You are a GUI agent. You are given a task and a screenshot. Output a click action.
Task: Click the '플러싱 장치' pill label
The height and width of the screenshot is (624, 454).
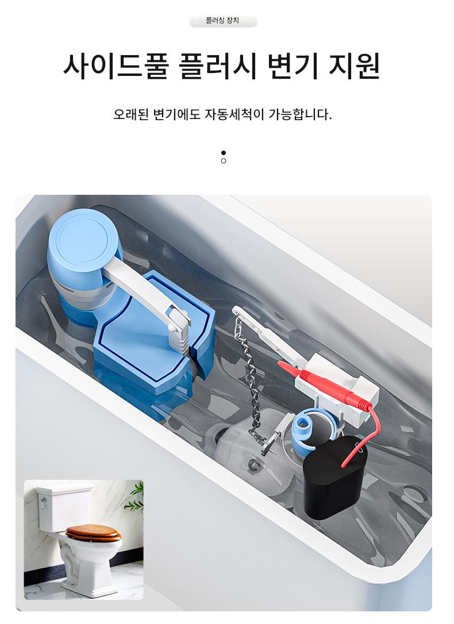click(x=223, y=21)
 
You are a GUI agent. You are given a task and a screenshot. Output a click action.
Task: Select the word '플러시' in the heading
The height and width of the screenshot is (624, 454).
click(x=217, y=66)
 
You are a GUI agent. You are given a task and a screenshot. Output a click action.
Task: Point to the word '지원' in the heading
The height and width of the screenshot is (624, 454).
click(x=354, y=66)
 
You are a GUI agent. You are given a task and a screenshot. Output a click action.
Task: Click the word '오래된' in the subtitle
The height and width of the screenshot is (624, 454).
click(x=131, y=114)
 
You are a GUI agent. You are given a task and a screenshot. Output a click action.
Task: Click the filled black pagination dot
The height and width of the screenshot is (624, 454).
click(x=223, y=153)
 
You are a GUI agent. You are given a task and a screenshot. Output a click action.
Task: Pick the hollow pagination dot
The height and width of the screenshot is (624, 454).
click(x=223, y=161)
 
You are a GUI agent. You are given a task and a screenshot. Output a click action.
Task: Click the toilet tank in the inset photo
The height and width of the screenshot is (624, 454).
click(x=64, y=508)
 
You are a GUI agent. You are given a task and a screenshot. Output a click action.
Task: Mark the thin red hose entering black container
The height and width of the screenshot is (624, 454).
click(x=367, y=436)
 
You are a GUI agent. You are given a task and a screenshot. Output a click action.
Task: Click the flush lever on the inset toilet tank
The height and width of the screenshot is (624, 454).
click(x=44, y=502)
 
